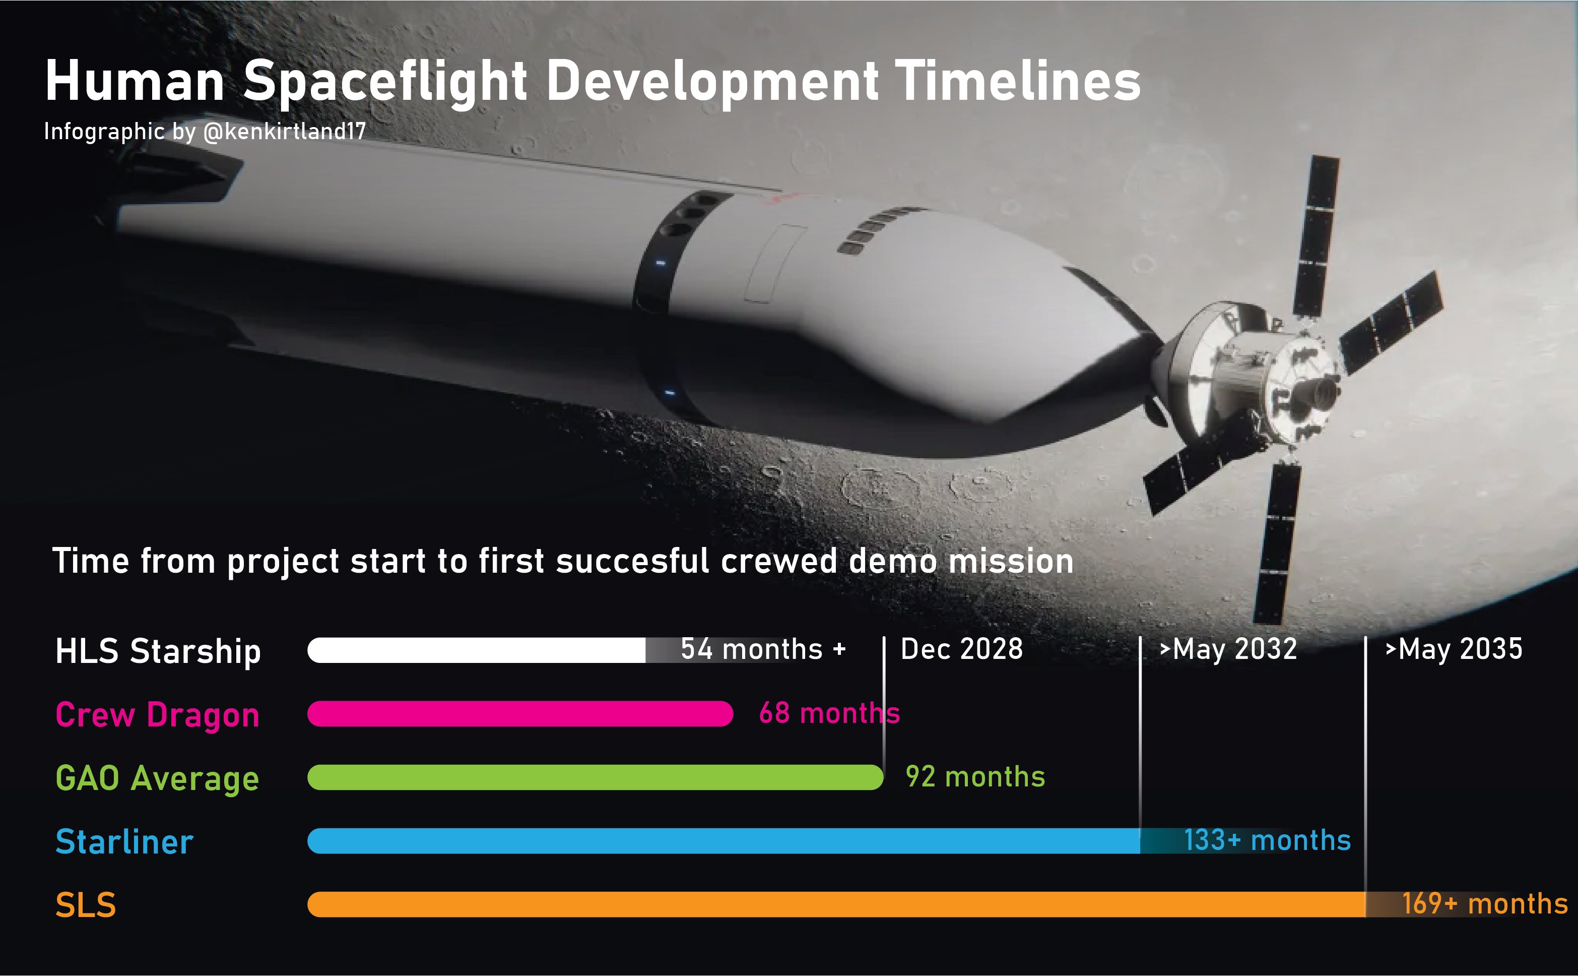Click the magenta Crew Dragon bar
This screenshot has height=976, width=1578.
click(x=520, y=714)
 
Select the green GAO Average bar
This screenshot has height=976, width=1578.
click(x=596, y=777)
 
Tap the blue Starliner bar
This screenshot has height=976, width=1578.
click(x=724, y=841)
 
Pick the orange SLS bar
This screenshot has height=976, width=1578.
click(x=837, y=904)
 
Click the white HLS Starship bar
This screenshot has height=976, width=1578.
click(x=476, y=650)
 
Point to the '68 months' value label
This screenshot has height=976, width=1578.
click(x=829, y=713)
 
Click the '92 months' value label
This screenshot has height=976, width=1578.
click(x=975, y=776)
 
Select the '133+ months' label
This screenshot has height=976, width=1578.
click(x=1267, y=840)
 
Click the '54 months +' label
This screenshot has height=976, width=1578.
click(x=763, y=649)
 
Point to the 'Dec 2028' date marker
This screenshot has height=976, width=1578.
click(x=961, y=649)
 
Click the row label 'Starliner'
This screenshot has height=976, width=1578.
click(x=124, y=842)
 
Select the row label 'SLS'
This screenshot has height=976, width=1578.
click(x=86, y=905)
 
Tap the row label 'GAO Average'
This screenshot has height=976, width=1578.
click(x=157, y=778)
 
